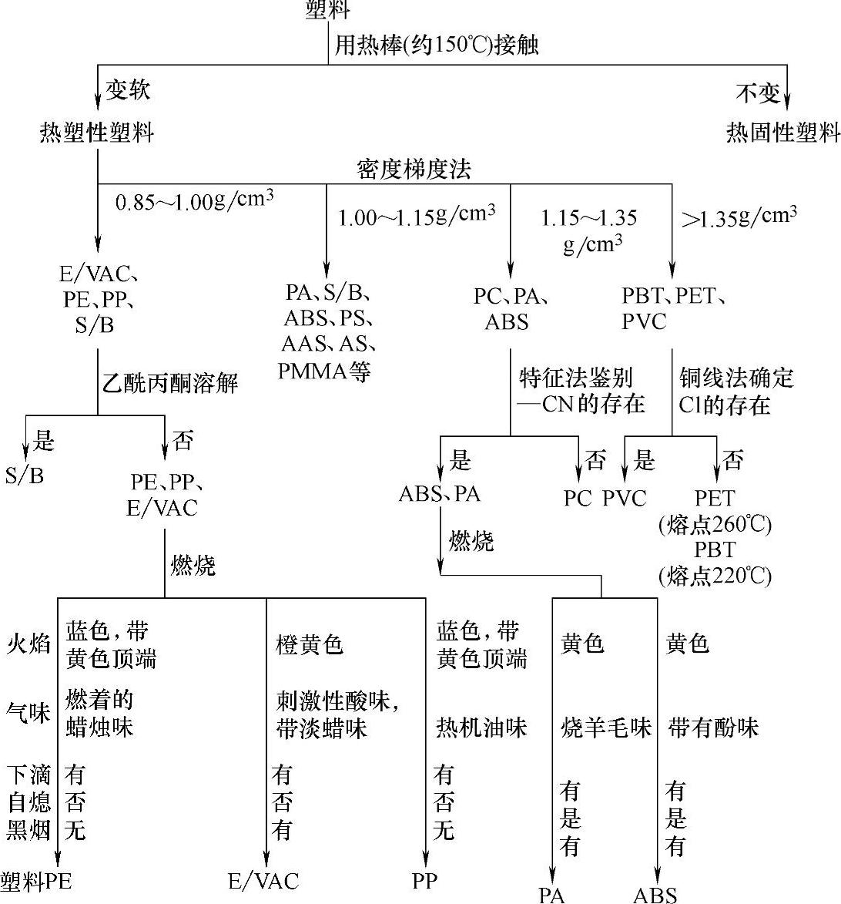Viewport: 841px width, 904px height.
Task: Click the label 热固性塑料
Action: [x=782, y=133]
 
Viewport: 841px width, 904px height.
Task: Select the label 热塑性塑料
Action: [x=97, y=133]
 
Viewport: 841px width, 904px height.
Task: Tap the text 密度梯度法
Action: [x=414, y=169]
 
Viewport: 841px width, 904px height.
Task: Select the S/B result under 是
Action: [x=25, y=476]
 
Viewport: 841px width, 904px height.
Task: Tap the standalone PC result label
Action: [x=577, y=499]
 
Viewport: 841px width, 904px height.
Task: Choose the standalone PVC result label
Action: [x=624, y=499]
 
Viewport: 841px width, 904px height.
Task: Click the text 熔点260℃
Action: [x=715, y=525]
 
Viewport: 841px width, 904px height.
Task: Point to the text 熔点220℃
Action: [x=715, y=576]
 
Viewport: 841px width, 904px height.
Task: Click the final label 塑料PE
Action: [x=36, y=882]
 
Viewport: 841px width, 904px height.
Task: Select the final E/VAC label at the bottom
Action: [x=263, y=882]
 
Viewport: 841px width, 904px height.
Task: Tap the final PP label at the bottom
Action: [x=425, y=881]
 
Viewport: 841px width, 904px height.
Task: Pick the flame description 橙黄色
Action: [x=310, y=644]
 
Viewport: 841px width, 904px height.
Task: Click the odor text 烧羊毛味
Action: [x=606, y=728]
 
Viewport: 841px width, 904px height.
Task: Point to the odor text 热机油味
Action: [x=481, y=728]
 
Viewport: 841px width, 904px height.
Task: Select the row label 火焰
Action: [x=28, y=644]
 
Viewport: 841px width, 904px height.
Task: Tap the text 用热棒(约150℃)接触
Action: [x=436, y=45]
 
